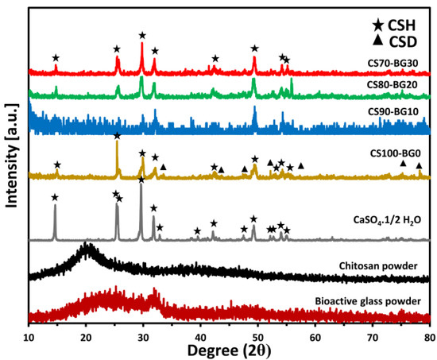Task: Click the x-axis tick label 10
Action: pos(29,337)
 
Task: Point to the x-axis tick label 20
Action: pos(86,337)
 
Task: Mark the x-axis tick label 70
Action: pos(372,337)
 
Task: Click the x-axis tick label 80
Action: pos(427,337)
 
